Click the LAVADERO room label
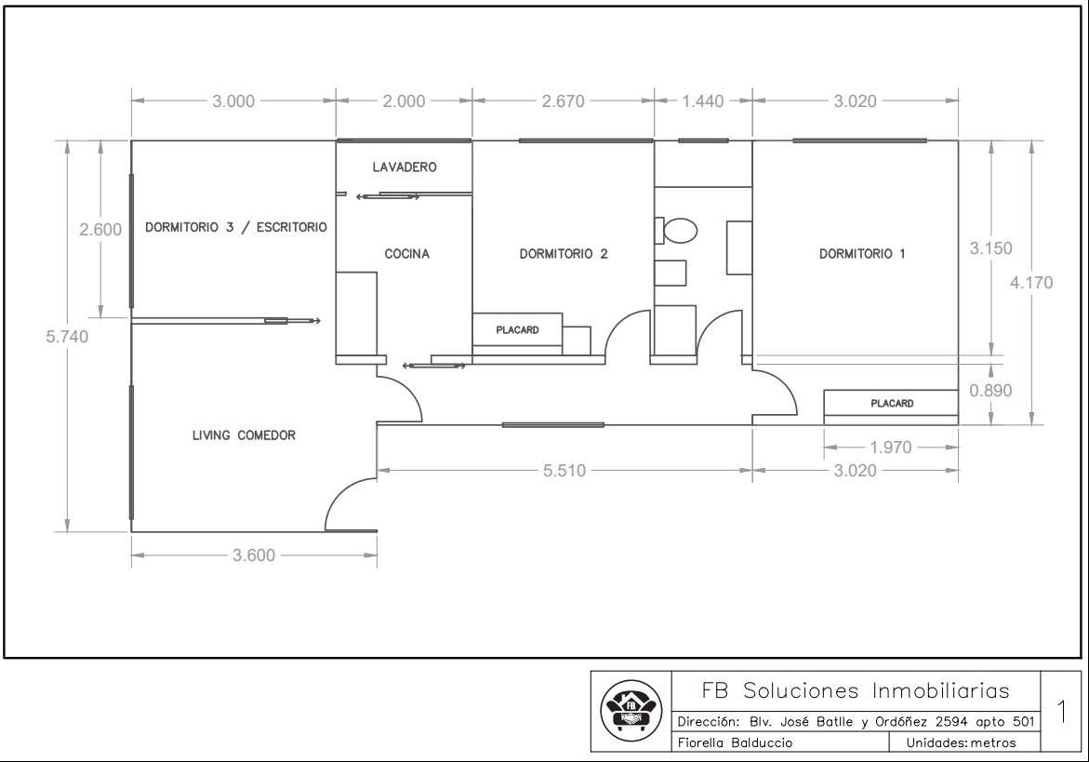(405, 167)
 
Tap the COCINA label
(407, 254)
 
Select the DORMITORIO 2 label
(564, 254)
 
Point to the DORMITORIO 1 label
(862, 254)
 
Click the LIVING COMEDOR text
(244, 434)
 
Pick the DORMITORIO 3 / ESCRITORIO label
(235, 227)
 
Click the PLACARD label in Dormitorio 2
(517, 330)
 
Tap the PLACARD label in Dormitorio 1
(893, 403)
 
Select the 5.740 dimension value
(67, 336)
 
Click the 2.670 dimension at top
(564, 101)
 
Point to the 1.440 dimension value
(703, 101)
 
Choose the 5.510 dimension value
(564, 471)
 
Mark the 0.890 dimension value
(991, 391)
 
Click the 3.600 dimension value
(254, 555)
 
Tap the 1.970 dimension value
(890, 448)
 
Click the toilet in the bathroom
(676, 231)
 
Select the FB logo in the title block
(631, 710)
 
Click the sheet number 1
(1062, 711)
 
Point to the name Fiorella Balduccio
(735, 742)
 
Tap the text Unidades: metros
(962, 742)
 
